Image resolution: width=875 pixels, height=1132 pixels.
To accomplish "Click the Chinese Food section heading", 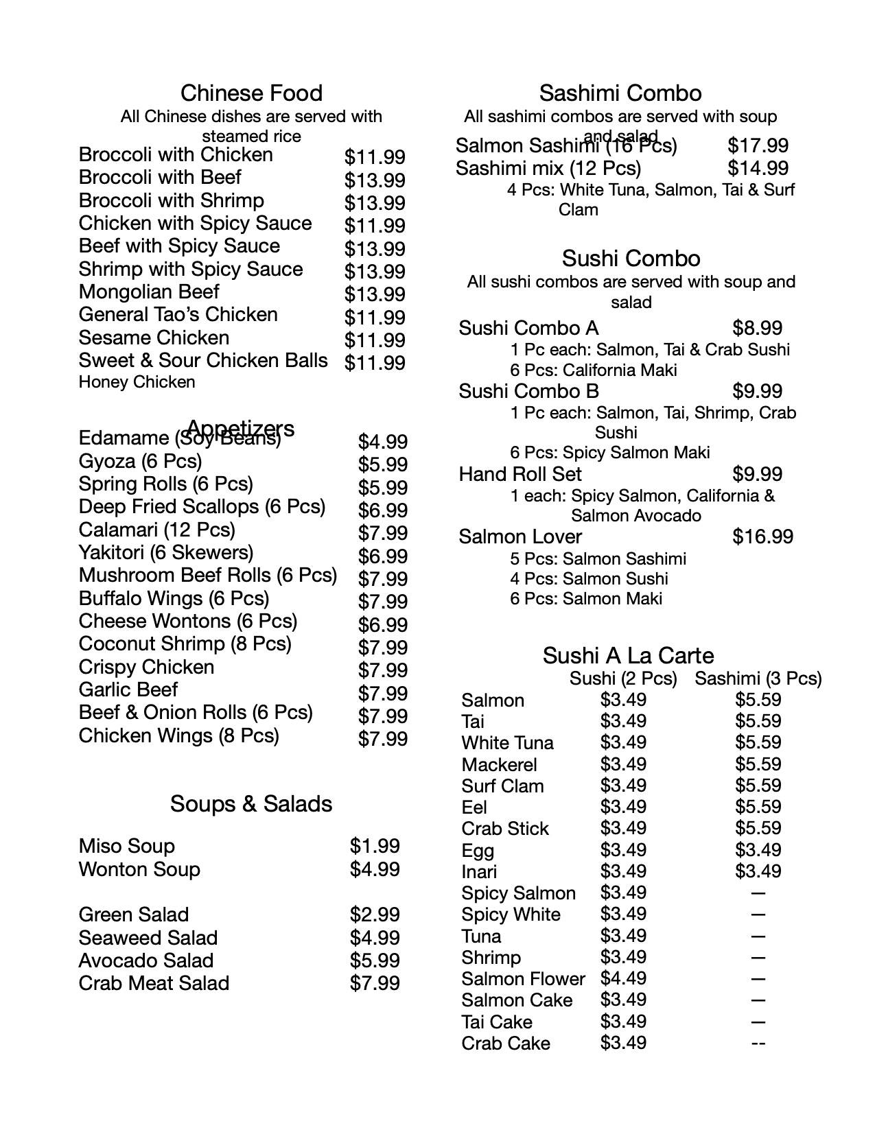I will point(251,93).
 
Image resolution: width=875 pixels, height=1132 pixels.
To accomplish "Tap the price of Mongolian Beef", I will point(375,294).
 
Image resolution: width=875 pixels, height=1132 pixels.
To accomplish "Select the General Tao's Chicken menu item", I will point(178,315).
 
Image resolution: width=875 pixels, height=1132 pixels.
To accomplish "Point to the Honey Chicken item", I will point(137,382).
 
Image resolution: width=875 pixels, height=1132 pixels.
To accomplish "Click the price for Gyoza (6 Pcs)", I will point(382,464).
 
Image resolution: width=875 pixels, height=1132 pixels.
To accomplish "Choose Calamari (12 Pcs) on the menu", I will point(156,530).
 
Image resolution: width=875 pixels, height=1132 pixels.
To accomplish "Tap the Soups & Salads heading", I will point(251,804).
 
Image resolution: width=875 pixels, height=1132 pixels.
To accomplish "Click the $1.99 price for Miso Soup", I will point(375,846).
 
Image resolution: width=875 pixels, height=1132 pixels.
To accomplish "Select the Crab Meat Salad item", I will point(154,983).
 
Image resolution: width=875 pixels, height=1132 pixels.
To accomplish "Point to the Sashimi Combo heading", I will point(620,93).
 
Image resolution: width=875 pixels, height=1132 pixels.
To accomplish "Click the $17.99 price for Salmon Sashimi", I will point(758,145).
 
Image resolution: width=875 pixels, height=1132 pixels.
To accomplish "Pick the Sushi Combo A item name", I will point(528,328).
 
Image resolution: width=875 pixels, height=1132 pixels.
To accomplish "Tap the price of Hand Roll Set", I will point(758,474).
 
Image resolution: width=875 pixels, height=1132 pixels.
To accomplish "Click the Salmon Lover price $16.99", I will point(762,536).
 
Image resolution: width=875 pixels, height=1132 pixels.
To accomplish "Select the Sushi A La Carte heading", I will point(628,656).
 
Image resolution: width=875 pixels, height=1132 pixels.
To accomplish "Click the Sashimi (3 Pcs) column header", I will point(758,679).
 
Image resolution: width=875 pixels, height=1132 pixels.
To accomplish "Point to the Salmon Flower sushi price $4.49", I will point(623,978).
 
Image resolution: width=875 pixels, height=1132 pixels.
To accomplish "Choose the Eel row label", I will point(474,807).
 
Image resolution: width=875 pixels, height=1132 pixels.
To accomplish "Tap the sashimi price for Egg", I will point(758,850).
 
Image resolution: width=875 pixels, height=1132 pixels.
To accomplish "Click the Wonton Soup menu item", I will point(139,869).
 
